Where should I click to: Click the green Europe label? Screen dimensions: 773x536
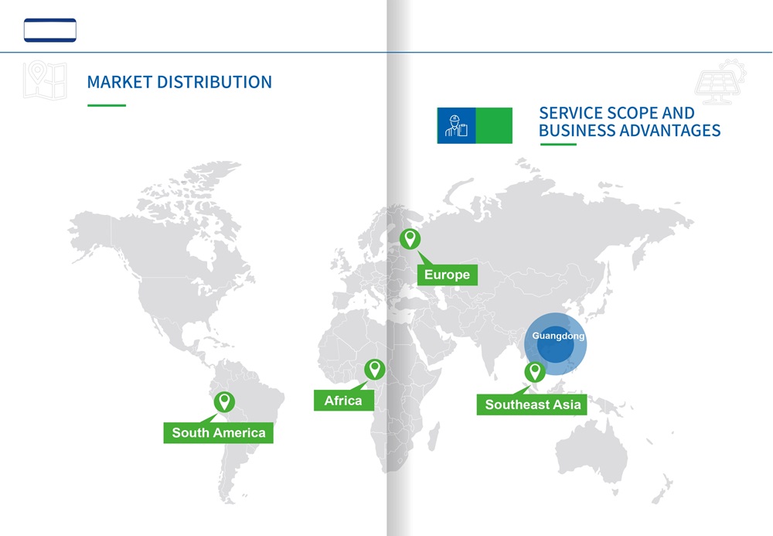[x=447, y=275]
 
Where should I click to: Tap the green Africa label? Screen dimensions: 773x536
[x=344, y=401]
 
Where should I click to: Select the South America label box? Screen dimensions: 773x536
[x=219, y=432]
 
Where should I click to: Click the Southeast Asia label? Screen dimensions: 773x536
[x=532, y=405]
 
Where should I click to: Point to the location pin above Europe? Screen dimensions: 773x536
[x=410, y=239]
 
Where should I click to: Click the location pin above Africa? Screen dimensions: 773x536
[x=375, y=370]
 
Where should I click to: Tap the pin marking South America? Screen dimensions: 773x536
[x=224, y=402]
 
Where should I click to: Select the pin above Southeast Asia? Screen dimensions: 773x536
[x=535, y=372]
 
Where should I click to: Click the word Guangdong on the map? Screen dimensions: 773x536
[x=558, y=336]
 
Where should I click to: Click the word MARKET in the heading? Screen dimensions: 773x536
[x=119, y=82]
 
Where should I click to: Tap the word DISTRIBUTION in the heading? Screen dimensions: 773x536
[x=214, y=82]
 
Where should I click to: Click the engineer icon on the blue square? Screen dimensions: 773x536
[x=457, y=126]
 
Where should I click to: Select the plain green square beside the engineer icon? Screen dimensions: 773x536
[x=494, y=126]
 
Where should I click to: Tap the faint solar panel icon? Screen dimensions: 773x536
[x=720, y=82]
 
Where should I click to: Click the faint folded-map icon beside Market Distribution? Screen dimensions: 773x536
[x=45, y=80]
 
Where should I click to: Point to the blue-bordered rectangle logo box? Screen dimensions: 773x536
[x=50, y=30]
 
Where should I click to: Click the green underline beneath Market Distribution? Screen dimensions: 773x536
[x=107, y=105]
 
